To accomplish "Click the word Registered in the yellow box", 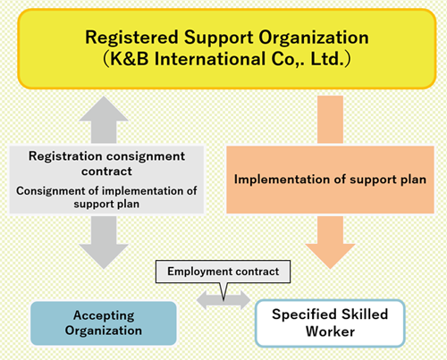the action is pos(131,38).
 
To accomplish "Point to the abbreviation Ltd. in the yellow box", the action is pos(327,59).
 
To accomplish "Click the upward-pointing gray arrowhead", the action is pos(104,109).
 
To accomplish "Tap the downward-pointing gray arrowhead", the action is pos(104,256).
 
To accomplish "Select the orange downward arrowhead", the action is pos(330,256).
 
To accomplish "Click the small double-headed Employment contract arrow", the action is pos(223,300).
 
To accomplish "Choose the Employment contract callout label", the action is pos(223,272).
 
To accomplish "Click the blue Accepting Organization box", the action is pos(104,323).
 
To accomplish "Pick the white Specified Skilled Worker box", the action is pos(330,323).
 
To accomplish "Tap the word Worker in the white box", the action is pos(330,331).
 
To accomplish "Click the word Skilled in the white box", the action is pos(365,314).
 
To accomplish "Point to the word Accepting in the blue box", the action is pos(104,316).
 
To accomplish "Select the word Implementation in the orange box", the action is pos(280,180).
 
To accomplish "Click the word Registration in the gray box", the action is pos(65,156).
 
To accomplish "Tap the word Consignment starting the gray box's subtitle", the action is pos(50,191).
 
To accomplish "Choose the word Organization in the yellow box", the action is pos(314,38).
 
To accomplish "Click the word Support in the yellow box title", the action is pos(218,38).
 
